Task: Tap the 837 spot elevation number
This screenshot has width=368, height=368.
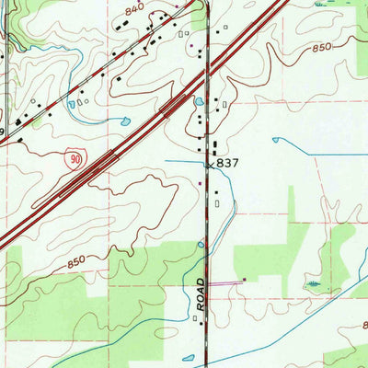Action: point(228,162)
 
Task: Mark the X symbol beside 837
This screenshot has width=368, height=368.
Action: point(210,164)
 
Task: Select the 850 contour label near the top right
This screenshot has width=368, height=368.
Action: point(321,48)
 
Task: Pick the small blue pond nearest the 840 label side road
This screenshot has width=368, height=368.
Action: point(71,104)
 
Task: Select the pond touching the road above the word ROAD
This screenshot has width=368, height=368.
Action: point(201,245)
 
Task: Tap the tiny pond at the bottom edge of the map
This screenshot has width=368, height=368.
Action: point(189,358)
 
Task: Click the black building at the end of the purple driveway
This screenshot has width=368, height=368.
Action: point(245,279)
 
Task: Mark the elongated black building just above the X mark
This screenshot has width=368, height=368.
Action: point(215,148)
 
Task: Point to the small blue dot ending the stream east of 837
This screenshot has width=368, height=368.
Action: point(274,139)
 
